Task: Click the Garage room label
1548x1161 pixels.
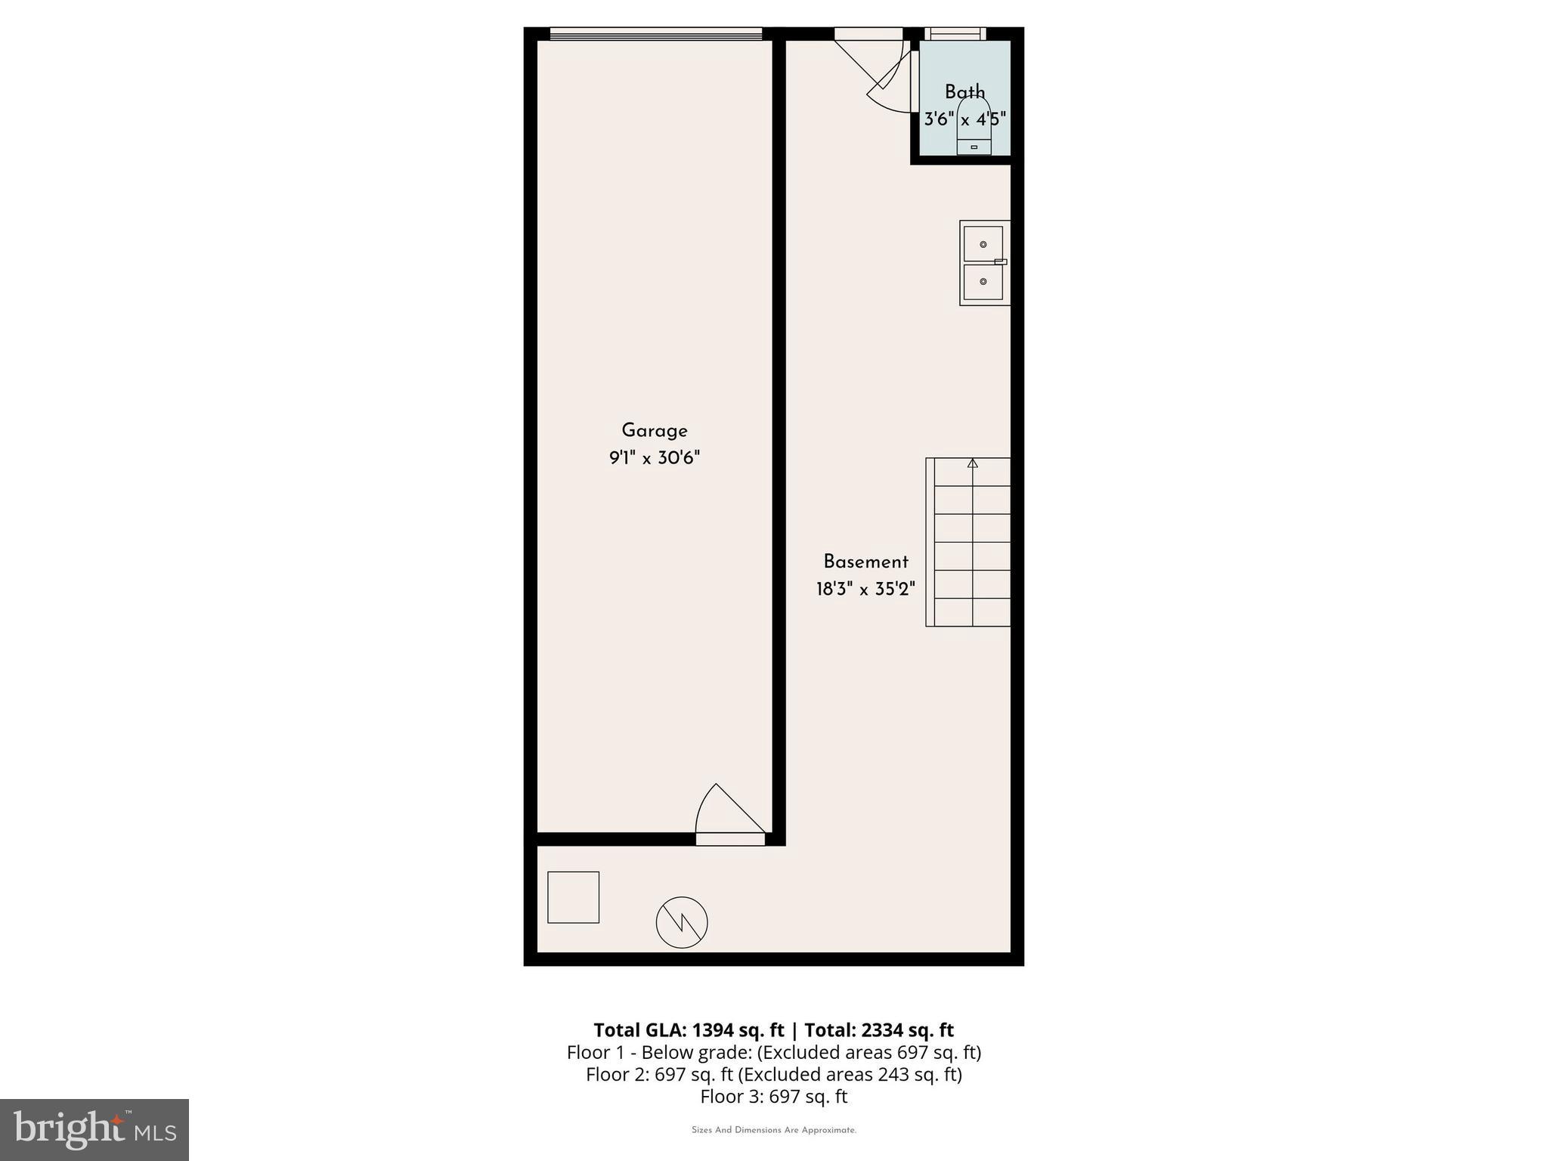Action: click(655, 431)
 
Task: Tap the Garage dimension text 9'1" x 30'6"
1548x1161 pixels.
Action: click(655, 458)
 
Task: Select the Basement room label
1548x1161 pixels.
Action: click(865, 562)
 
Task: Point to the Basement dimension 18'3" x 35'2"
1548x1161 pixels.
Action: click(865, 589)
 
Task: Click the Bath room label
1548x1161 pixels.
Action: click(965, 92)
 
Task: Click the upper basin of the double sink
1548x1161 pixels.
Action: click(983, 244)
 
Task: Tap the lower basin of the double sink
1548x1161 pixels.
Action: click(983, 281)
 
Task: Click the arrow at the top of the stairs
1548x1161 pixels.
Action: click(973, 463)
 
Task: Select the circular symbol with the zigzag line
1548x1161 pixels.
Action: click(682, 922)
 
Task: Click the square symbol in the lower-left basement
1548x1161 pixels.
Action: click(573, 897)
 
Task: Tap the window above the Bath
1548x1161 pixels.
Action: click(955, 33)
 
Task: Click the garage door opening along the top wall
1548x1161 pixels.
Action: click(655, 33)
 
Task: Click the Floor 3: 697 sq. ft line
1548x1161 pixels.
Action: click(773, 1096)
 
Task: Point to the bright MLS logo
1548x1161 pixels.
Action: click(94, 1129)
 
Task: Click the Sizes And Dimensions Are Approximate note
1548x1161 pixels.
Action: click(773, 1130)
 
